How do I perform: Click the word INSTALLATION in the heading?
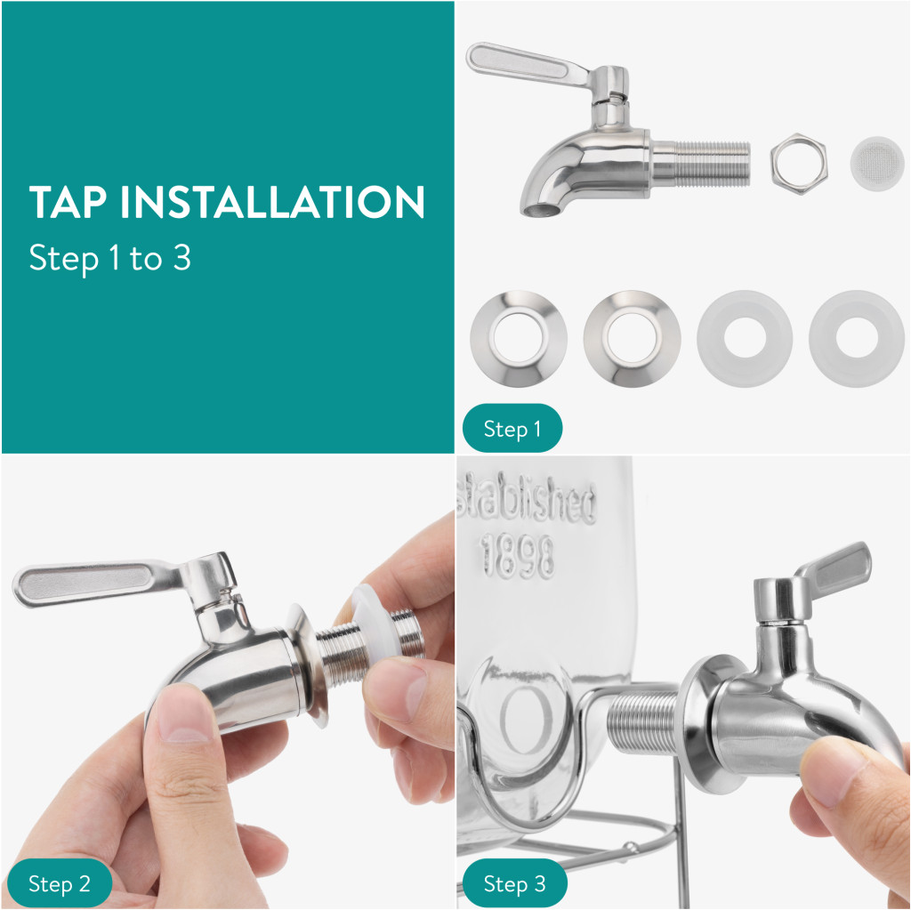[x=272, y=202]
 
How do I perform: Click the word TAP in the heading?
[x=68, y=202]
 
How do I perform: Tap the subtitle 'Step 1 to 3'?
[x=109, y=258]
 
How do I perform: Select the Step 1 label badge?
[x=512, y=428]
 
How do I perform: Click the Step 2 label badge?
[x=60, y=883]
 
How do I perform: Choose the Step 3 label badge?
[x=515, y=883]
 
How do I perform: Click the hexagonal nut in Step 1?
[x=799, y=164]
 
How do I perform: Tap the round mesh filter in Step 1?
[x=877, y=164]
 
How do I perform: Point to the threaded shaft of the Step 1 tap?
[x=701, y=164]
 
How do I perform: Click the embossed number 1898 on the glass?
[x=517, y=556]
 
